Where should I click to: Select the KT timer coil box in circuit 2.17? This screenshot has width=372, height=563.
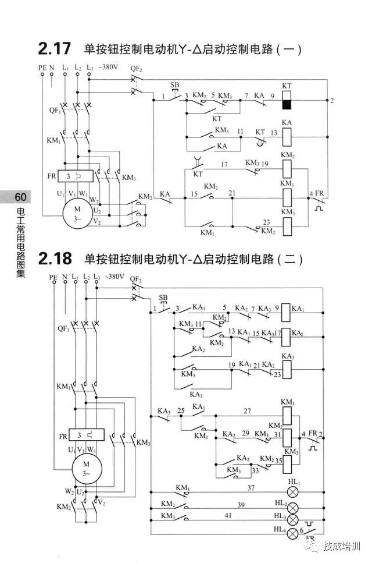[x=287, y=100]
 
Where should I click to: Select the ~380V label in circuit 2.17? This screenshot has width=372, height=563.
[x=108, y=68]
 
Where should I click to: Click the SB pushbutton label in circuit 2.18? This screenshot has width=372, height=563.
[x=163, y=298]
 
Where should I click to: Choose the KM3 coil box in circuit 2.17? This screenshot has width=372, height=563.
[x=287, y=225]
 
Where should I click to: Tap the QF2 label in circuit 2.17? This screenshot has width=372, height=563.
[x=137, y=68]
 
